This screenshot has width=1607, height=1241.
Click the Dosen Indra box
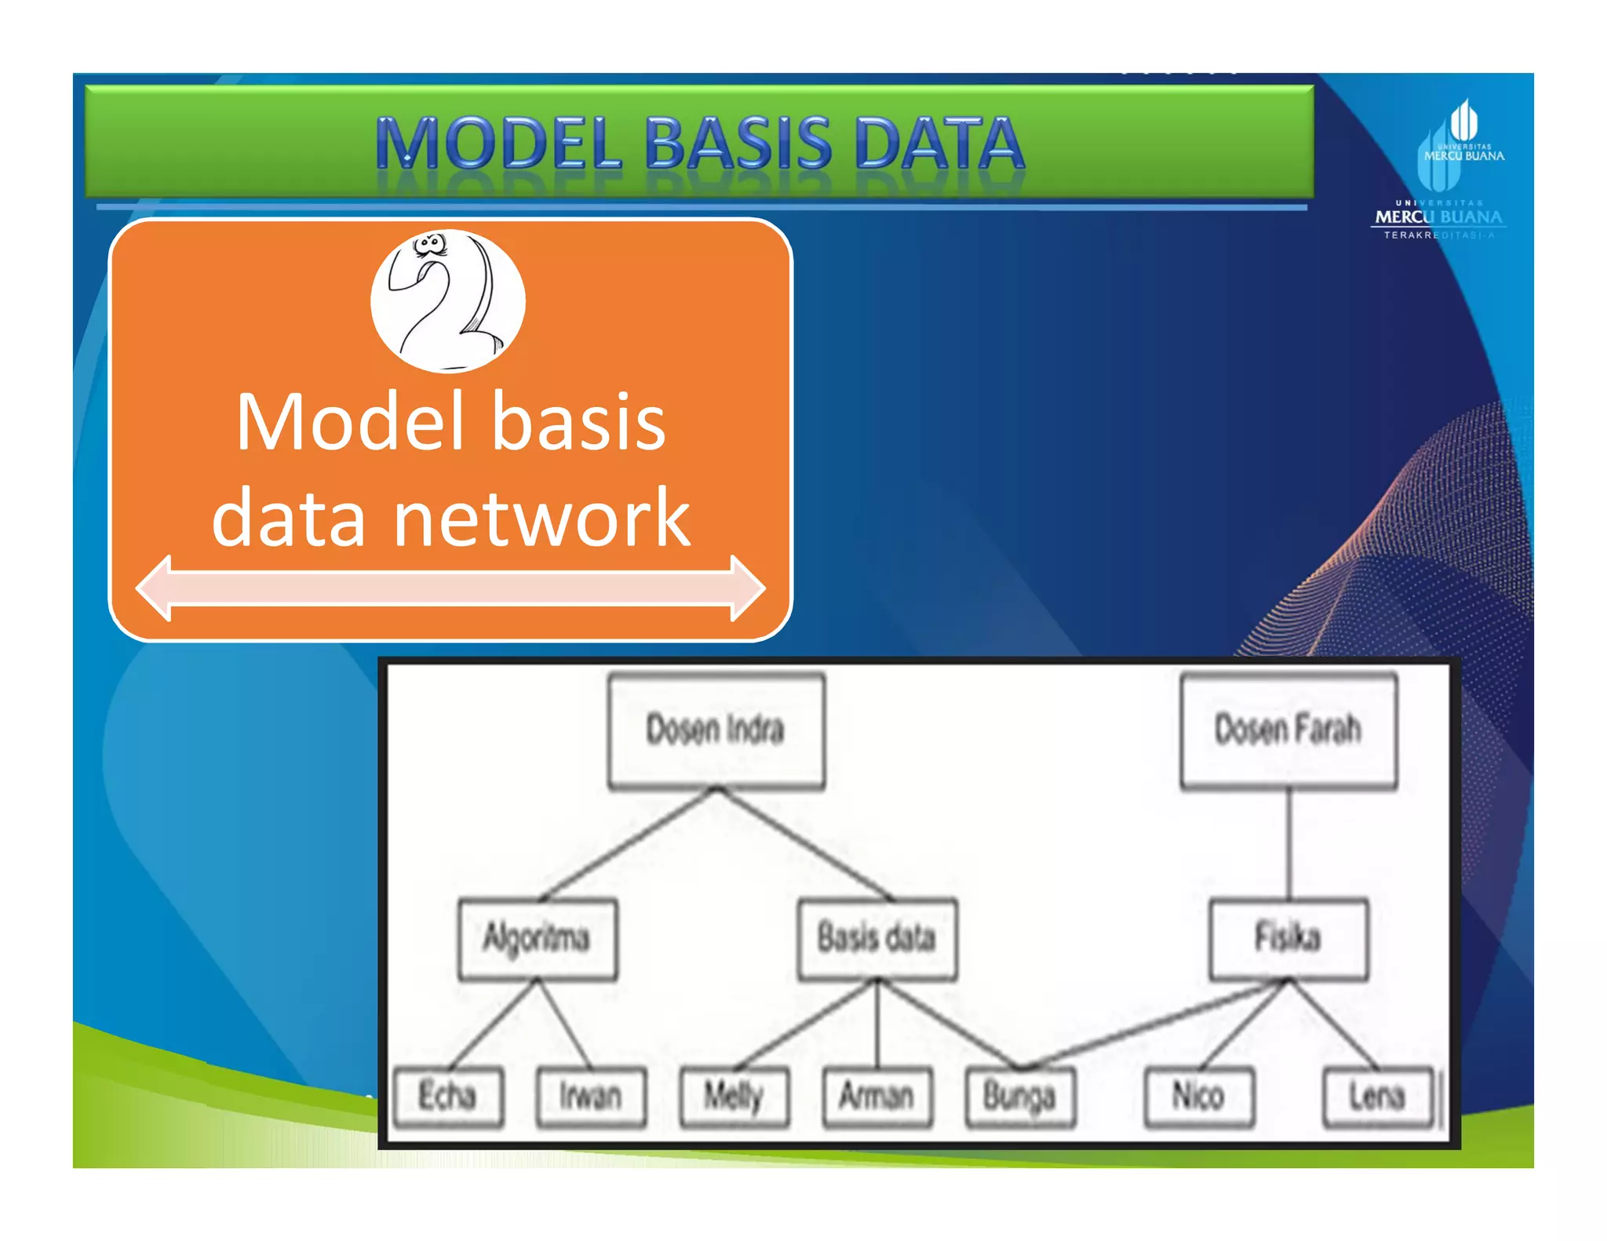point(716,730)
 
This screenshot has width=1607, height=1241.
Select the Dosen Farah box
point(1288,730)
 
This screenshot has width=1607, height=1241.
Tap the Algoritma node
point(537,938)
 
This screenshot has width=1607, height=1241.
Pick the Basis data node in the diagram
point(876,938)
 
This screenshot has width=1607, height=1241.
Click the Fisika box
point(1288,938)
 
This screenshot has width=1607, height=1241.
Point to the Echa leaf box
point(447,1097)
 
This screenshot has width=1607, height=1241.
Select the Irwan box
point(591,1097)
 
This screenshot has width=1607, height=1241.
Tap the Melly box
point(734,1097)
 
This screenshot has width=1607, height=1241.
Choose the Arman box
point(877,1097)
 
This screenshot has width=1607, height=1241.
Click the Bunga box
point(1020,1097)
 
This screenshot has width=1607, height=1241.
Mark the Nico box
point(1198,1097)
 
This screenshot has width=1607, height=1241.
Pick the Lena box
point(1377,1097)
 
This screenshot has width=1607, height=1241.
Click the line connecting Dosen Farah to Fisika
point(1288,843)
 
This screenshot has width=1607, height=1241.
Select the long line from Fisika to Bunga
point(1153,1024)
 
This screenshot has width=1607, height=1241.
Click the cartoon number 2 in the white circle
point(448,301)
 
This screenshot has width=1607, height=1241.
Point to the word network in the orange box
point(541,518)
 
